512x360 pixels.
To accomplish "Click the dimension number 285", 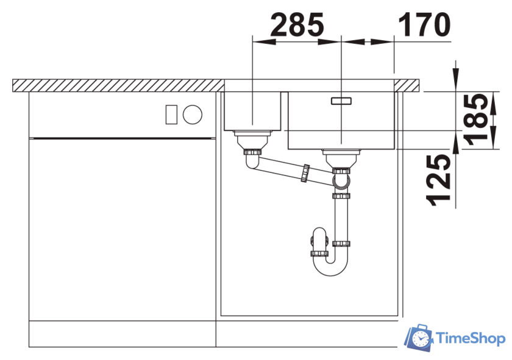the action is pyautogui.click(x=297, y=24).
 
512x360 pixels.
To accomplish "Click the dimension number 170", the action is pyautogui.click(x=424, y=24).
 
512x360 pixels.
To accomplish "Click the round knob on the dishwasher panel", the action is pyautogui.click(x=193, y=115).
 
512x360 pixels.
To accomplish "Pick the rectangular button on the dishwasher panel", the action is pyautogui.click(x=171, y=115).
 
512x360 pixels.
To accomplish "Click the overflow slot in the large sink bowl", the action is pyautogui.click(x=341, y=101).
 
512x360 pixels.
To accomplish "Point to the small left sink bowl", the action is pyautogui.click(x=252, y=111).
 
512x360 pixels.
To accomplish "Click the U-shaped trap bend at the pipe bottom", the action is pyautogui.click(x=330, y=266).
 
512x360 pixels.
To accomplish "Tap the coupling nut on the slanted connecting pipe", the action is pyautogui.click(x=305, y=174).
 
